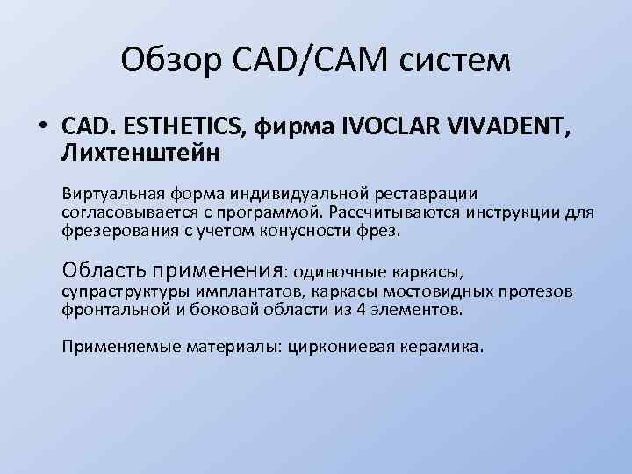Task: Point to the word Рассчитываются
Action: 420,213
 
